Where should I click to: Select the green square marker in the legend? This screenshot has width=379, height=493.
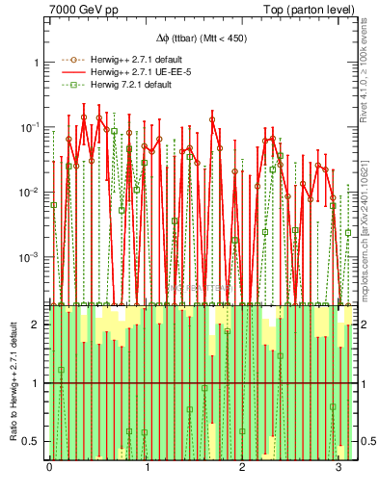click(70, 85)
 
